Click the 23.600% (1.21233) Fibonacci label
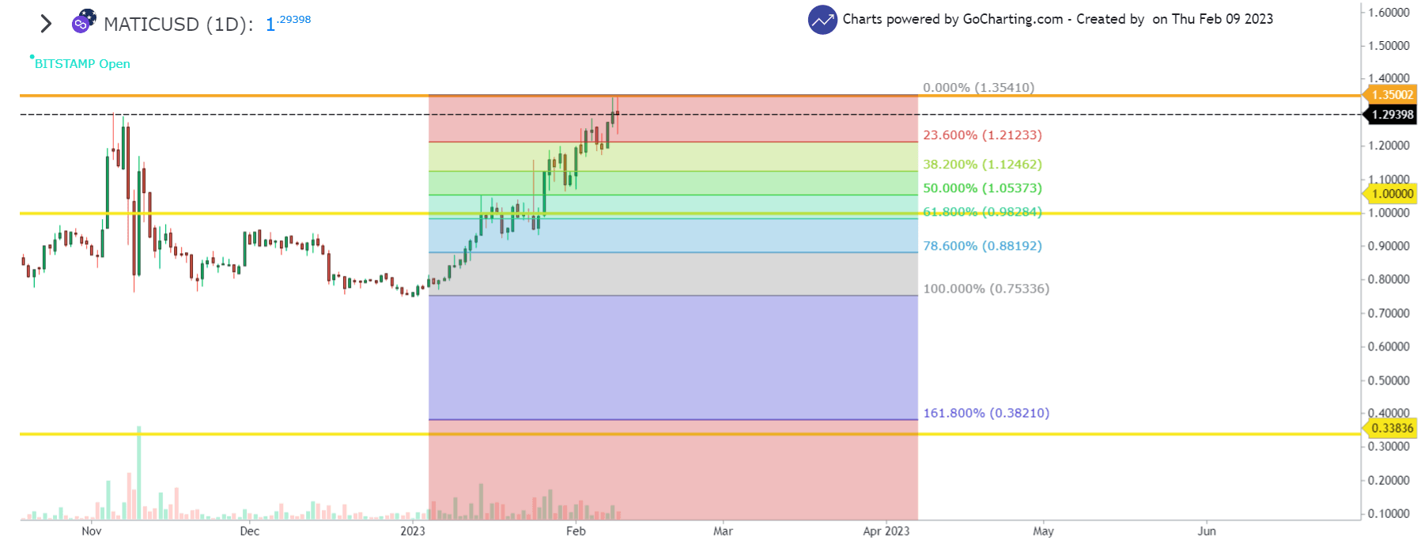pos(982,135)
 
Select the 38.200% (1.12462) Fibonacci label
pos(982,164)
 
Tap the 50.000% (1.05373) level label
pos(982,188)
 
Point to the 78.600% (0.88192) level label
pos(982,246)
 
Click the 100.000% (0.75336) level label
pos(986,289)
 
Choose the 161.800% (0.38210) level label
pos(986,413)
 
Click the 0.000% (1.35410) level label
pos(978,88)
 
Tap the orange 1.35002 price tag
pos(1392,95)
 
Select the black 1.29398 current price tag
pos(1392,115)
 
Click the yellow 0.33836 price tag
pos(1392,428)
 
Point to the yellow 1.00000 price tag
pos(1392,194)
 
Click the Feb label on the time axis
pos(576,531)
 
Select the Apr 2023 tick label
pos(886,531)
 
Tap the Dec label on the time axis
pos(249,531)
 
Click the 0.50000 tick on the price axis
pos(1389,380)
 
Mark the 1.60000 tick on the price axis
pos(1389,13)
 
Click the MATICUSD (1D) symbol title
pos(178,25)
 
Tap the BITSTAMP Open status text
pos(82,64)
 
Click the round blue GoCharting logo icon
pos(822,20)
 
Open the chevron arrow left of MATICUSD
pos(46,24)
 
